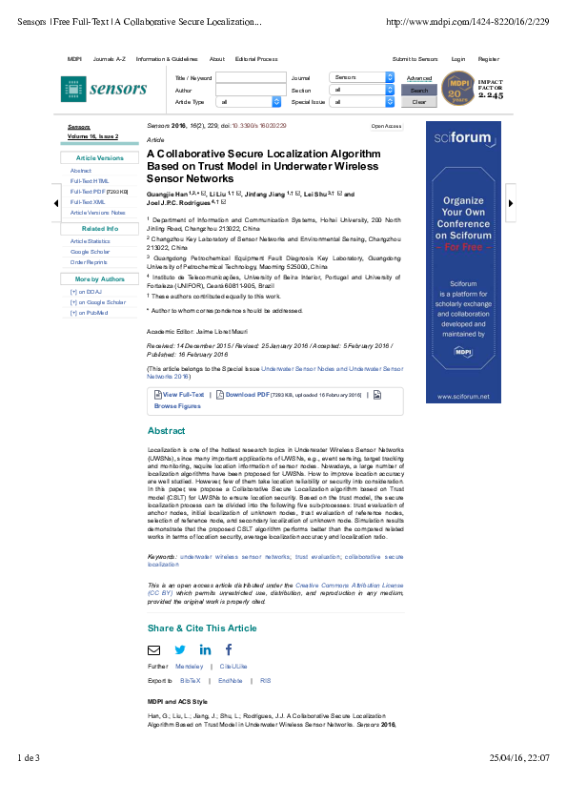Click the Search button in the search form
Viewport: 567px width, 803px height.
(419, 91)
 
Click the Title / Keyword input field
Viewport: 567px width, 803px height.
(250, 77)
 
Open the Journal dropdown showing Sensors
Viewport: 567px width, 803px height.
(361, 77)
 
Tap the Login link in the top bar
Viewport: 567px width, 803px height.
(458, 59)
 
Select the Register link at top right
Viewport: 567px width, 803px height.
(489, 59)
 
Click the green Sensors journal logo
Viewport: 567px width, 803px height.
(105, 89)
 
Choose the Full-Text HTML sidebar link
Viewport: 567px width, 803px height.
(90, 180)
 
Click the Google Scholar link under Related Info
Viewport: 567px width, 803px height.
(91, 252)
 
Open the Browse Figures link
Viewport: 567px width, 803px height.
(177, 406)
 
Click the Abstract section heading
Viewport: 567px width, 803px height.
(167, 431)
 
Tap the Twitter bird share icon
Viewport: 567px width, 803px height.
(179, 649)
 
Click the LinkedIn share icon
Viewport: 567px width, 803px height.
(205, 649)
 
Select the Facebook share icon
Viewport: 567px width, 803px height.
(229, 649)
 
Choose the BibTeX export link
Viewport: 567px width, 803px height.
(190, 681)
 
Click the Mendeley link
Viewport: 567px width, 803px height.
(190, 666)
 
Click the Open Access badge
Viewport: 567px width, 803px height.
(386, 126)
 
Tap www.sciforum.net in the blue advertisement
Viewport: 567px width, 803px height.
(463, 396)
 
